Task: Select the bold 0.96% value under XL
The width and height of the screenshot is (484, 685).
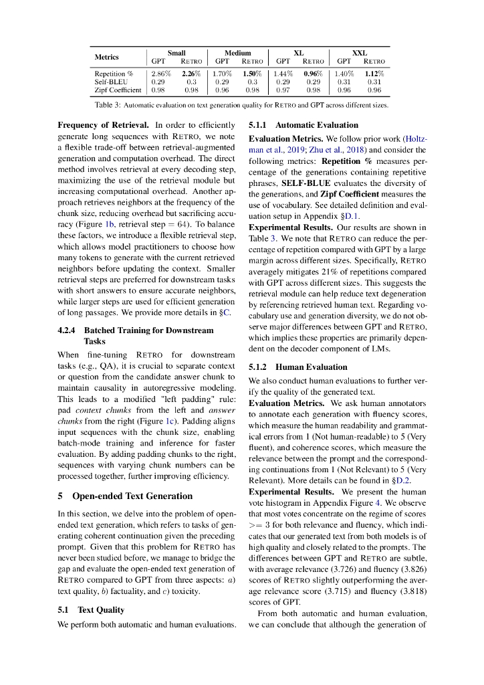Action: pos(313,74)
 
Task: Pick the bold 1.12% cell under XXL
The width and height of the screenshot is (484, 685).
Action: pos(374,74)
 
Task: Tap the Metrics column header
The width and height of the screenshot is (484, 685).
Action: pos(106,57)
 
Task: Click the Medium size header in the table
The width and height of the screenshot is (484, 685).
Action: pos(237,53)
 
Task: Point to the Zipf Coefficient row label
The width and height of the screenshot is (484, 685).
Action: pos(118,90)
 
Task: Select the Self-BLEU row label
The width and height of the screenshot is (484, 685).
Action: pos(111,82)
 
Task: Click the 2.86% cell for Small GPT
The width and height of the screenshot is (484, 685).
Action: pos(161,74)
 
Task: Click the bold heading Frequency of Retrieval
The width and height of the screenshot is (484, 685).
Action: pos(104,125)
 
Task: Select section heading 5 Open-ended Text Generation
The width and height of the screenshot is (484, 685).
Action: pos(125,496)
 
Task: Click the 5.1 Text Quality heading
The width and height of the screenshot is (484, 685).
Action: pos(91,610)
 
